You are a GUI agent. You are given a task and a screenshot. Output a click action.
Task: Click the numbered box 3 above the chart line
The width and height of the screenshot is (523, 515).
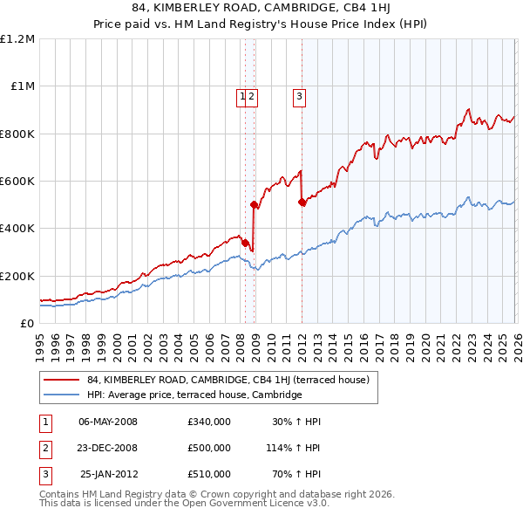tap(299, 97)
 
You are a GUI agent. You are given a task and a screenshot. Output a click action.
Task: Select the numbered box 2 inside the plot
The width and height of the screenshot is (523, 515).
tap(251, 97)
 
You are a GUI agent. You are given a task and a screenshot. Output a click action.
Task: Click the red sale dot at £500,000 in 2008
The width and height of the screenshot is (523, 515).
tap(255, 205)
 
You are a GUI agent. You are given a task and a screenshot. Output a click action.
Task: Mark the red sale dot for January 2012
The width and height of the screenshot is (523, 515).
tap(302, 203)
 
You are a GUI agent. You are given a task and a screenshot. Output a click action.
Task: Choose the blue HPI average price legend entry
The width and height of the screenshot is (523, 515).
tap(194, 395)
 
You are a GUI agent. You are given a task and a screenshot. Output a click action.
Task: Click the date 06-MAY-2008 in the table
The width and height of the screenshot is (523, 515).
tap(108, 422)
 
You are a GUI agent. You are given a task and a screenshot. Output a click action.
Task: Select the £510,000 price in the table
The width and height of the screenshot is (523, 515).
tap(209, 474)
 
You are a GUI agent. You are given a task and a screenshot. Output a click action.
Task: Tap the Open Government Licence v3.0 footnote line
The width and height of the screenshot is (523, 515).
tap(185, 504)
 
